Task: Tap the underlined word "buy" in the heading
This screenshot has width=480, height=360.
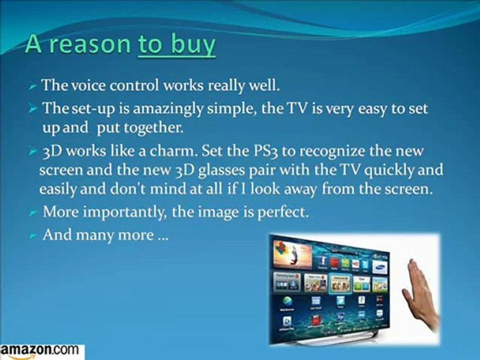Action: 193,44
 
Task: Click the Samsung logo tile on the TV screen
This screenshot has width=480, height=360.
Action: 378,263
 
